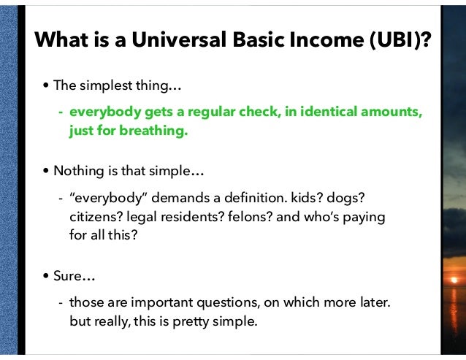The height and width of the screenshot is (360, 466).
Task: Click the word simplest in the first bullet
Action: tap(104, 86)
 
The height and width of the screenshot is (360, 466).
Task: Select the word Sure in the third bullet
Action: tap(68, 277)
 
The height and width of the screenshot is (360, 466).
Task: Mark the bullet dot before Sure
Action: tap(47, 277)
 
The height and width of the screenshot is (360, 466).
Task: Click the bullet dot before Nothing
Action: tap(47, 172)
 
